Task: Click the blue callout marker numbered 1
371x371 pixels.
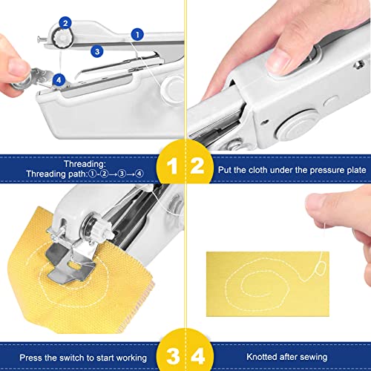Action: [x=137, y=33]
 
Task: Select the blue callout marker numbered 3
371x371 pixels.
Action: [x=97, y=51]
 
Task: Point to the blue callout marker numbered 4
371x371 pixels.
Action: [x=59, y=76]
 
